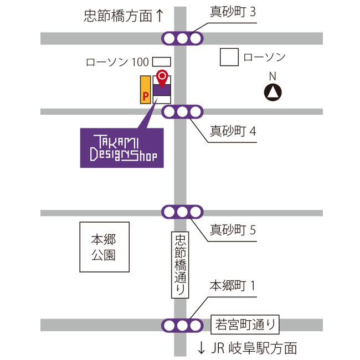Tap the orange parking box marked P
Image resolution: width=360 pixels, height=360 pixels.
click(146, 90)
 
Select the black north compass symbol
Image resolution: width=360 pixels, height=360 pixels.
click(272, 92)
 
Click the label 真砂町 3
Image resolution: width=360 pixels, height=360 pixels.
click(233, 12)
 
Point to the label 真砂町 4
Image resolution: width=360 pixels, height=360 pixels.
click(233, 131)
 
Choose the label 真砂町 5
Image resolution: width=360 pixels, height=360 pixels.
click(233, 230)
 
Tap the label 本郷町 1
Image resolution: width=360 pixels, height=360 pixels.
click(233, 286)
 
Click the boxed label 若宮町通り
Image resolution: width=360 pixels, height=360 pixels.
click(245, 325)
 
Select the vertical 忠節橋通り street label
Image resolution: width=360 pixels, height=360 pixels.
click(180, 265)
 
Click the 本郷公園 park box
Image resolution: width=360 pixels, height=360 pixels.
click(105, 247)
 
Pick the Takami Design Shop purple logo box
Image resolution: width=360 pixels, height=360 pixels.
click(122, 148)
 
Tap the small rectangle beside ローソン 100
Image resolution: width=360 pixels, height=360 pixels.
click(162, 62)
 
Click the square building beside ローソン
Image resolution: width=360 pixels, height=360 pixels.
click(229, 57)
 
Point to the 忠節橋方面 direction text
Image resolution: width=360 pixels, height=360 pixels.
click(118, 16)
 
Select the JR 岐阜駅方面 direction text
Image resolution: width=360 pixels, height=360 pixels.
click(254, 348)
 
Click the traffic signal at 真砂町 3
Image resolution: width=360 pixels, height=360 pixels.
click(182, 38)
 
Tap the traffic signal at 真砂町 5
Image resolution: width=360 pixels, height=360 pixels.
click(182, 212)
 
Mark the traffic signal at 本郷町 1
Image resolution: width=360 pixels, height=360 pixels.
click(182, 326)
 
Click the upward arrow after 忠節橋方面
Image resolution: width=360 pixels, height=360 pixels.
click(160, 16)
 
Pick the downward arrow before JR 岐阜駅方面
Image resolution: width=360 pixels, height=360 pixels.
click(202, 348)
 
